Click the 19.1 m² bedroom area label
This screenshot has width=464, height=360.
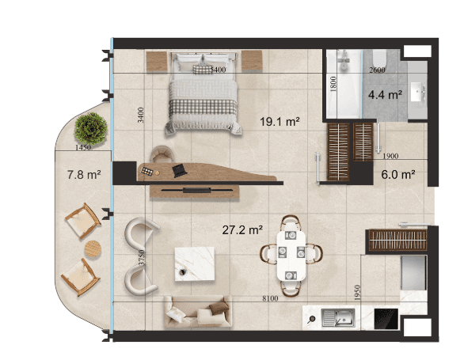tap(280, 122)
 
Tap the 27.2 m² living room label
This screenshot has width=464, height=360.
tap(242, 229)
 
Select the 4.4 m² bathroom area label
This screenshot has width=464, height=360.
tap(385, 95)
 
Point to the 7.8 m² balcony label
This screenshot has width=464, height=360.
tap(84, 175)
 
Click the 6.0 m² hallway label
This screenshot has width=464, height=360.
tap(397, 175)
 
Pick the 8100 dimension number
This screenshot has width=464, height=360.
tap(270, 298)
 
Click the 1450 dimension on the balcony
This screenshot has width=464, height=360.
tap(83, 147)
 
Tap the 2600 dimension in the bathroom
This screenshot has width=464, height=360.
tap(377, 70)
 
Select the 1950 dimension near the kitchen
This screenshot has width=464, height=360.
tap(357, 293)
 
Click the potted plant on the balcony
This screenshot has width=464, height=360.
tap(91, 128)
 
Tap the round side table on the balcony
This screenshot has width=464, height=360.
tap(93, 249)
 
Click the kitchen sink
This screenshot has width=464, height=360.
tap(338, 318)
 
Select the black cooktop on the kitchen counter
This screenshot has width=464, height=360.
tap(386, 319)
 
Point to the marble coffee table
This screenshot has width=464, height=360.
tap(195, 263)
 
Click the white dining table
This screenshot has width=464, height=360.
tap(291, 256)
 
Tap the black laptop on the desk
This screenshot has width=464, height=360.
tap(180, 171)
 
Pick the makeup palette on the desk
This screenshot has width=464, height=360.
tap(147, 171)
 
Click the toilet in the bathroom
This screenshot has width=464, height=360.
tap(379, 59)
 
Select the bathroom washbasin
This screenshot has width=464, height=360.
tap(418, 92)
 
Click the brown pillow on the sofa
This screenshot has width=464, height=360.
tap(219, 309)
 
